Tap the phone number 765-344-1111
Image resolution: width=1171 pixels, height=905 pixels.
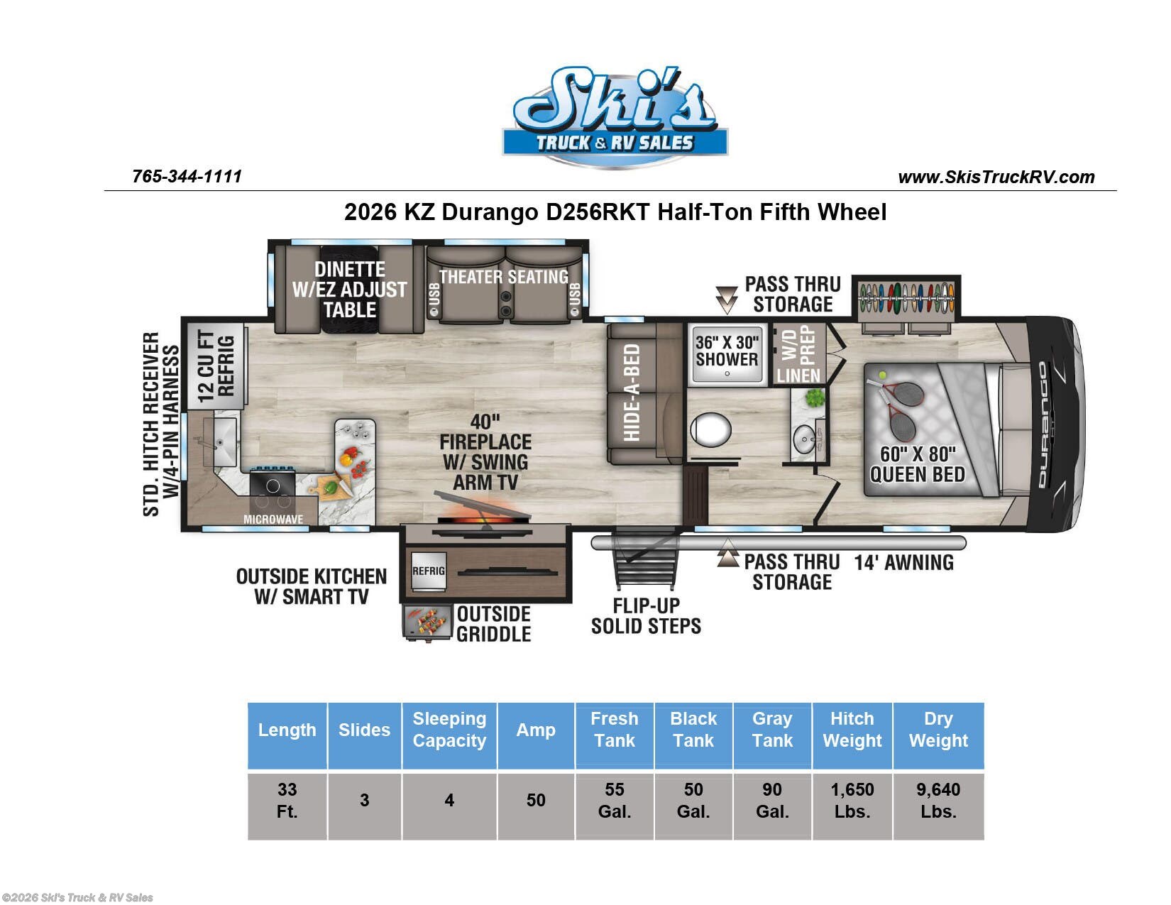187,176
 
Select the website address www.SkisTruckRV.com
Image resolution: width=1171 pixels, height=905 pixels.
996,177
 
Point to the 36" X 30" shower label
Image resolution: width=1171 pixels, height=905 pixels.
727,351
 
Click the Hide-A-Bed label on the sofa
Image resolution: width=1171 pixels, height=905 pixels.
631,393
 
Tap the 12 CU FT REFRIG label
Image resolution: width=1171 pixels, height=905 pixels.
216,366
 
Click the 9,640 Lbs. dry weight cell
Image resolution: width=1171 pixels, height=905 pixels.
938,801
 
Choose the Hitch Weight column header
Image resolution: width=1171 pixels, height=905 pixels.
852,729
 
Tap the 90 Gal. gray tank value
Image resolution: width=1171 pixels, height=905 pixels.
771,801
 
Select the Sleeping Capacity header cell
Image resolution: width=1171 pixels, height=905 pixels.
449,729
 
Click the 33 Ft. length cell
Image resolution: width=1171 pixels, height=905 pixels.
287,801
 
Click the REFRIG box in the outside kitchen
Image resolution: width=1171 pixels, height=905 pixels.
429,571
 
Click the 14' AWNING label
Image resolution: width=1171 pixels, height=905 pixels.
903,563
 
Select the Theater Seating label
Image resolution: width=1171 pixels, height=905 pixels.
503,277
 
